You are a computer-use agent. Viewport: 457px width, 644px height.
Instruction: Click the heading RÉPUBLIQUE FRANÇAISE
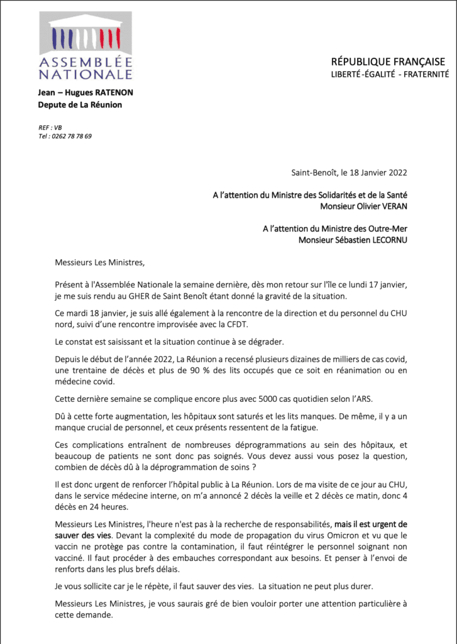[388, 62]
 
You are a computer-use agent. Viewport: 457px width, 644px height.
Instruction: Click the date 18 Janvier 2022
[375, 172]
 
